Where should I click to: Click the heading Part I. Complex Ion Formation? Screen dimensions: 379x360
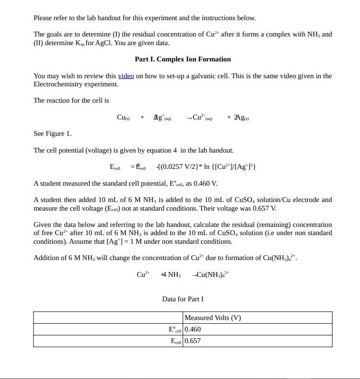coord(183,59)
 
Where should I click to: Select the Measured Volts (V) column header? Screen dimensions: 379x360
coord(212,318)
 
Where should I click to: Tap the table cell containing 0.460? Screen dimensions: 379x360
coord(193,329)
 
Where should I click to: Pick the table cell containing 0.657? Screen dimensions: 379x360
coord(193,341)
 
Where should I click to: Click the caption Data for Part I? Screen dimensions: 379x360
coord(183,299)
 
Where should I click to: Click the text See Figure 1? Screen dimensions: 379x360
coord(52,133)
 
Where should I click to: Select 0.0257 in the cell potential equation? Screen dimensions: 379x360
coord(172,167)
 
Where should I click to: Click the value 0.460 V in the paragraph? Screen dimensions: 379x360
coord(207,183)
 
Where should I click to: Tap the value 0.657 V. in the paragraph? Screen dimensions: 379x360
coord(266,208)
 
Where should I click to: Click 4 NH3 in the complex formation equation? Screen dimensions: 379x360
coord(171,274)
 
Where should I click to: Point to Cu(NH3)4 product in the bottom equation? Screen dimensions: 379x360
coord(212,274)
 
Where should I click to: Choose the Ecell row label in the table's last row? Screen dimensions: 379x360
coord(176,341)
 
